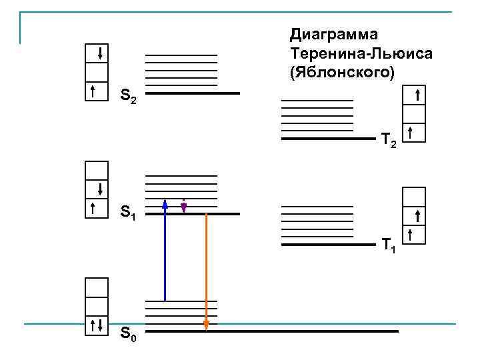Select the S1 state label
point(129,214)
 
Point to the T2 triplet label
point(389,141)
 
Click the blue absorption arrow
point(165,253)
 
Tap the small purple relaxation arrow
point(183,206)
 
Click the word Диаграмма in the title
point(333,34)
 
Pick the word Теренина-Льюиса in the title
point(361,53)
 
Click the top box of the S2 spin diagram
point(98,53)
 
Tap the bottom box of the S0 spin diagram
point(96,325)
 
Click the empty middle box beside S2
point(98,72)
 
